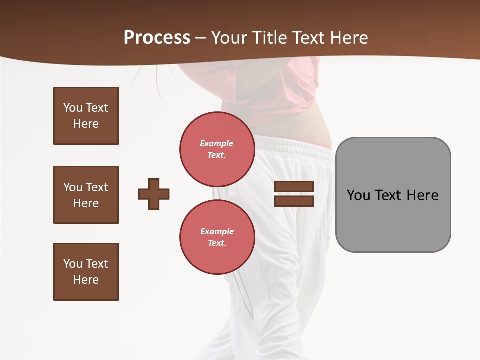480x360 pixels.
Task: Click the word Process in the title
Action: pos(157,38)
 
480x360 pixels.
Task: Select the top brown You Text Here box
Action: pos(86,116)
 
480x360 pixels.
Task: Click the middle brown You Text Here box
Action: pos(86,195)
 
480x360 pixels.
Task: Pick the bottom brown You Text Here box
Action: pos(86,272)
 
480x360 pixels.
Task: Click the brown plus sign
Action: pos(154,194)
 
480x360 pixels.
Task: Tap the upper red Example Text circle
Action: pos(217,149)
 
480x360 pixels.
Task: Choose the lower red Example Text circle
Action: pos(217,237)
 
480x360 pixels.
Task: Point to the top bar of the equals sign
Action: pos(294,187)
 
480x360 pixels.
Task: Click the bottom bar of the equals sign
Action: pos(294,201)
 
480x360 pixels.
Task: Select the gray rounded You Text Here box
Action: pos(393,220)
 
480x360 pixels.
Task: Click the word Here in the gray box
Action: pos(422,195)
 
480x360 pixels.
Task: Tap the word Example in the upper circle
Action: pos(217,143)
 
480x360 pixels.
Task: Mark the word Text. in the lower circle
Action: pos(217,243)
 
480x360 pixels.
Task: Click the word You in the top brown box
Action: pos(73,108)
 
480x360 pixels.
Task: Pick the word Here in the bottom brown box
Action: pos(86,280)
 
